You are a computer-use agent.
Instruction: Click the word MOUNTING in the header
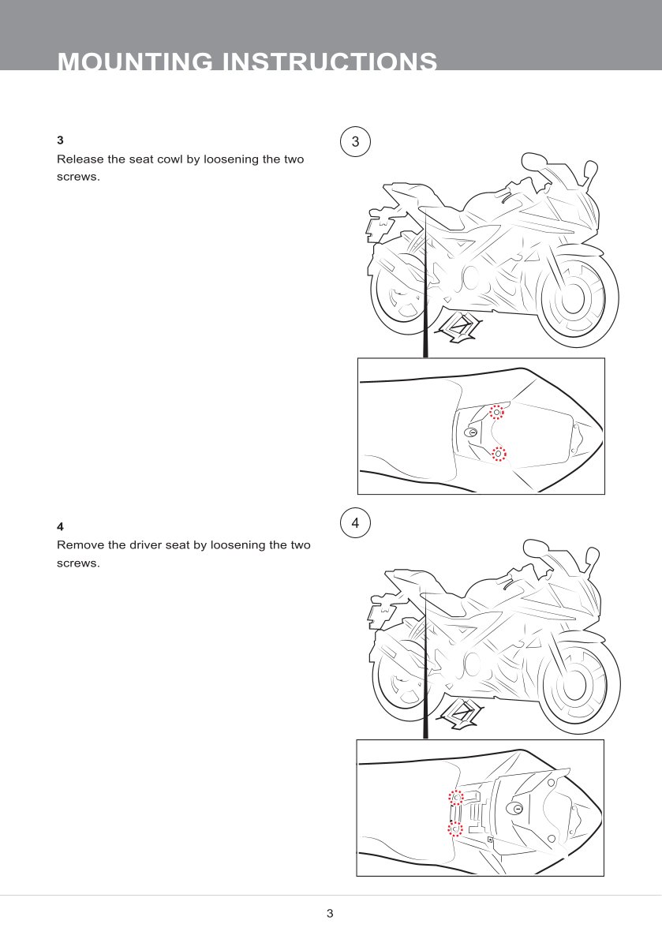[x=135, y=61]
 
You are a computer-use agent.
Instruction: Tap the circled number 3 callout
[x=356, y=142]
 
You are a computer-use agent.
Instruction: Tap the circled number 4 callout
[x=356, y=523]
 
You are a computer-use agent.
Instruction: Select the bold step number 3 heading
[x=60, y=140]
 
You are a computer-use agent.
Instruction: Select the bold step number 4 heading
[x=60, y=527]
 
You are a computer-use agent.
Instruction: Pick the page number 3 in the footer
[x=330, y=913]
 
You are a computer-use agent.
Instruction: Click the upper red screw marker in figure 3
[x=496, y=413]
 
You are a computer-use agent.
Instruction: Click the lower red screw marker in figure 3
[x=499, y=455]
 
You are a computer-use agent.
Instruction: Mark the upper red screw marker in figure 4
[x=456, y=798]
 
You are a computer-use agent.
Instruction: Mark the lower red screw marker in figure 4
[x=455, y=829]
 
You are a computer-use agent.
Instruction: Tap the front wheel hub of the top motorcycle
[x=574, y=297]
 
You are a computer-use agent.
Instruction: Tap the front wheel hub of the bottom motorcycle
[x=574, y=683]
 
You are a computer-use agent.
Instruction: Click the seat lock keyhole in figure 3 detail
[x=472, y=432]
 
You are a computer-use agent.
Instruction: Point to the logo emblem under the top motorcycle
[x=459, y=327]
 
